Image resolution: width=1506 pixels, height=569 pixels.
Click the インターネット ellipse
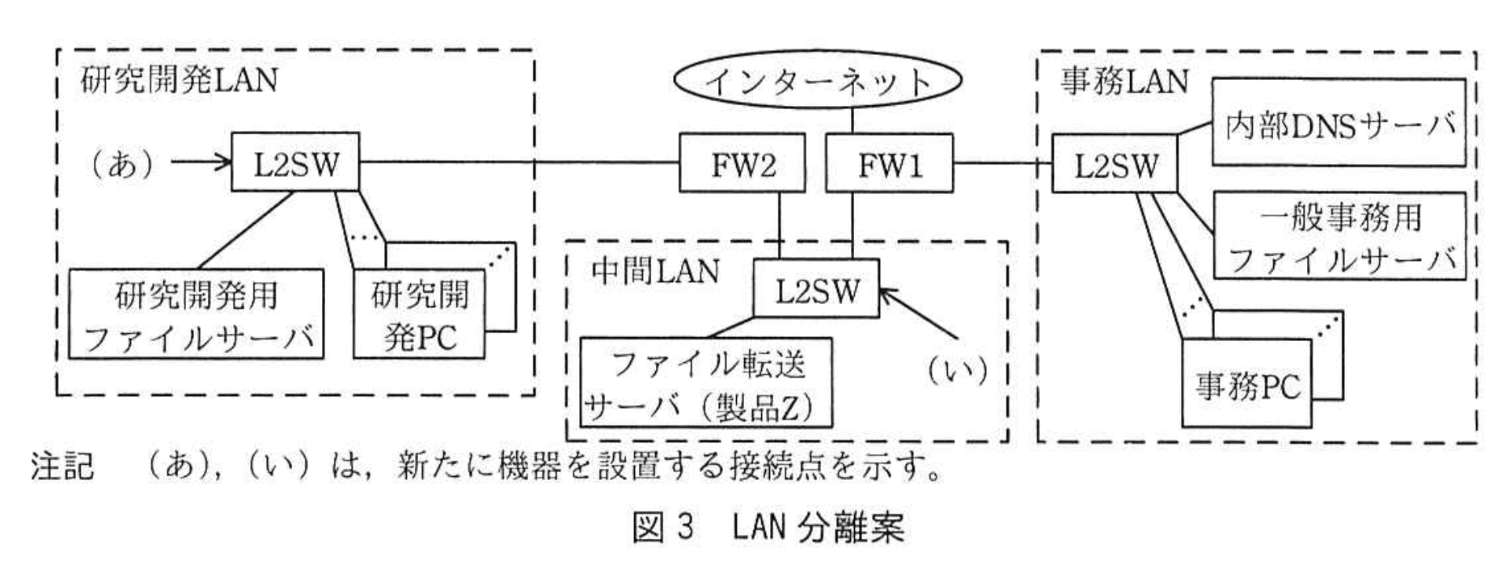pos(818,81)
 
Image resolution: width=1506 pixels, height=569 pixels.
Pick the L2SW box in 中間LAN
pos(816,289)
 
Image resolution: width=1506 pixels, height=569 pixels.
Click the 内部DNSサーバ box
pos(1339,123)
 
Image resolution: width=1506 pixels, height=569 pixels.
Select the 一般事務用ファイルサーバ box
pos(1339,236)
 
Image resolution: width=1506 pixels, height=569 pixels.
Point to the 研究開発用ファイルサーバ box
pos(197,314)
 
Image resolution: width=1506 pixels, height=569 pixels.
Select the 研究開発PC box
pos(419,316)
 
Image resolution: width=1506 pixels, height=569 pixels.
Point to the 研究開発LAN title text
pos(179,80)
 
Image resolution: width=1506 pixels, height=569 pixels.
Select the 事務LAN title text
pos(1123,81)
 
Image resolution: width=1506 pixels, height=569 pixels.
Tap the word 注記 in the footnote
pos(62,468)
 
